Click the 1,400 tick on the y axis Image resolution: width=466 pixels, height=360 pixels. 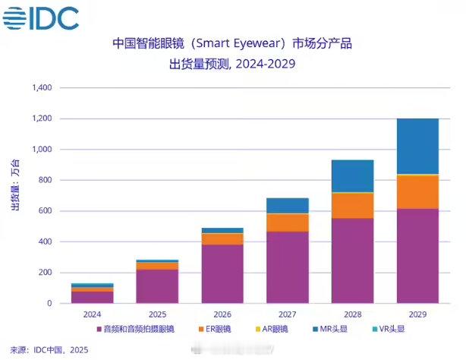click(x=41, y=88)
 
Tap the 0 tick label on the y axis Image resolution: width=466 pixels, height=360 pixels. click(x=49, y=304)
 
